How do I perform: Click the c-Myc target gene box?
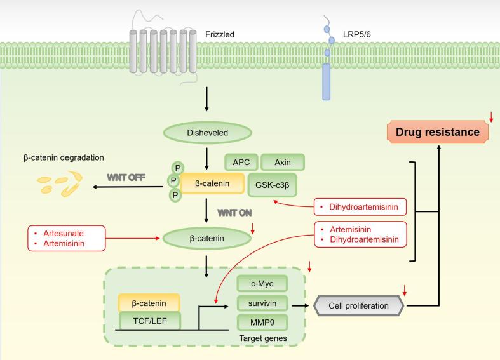click(262, 283)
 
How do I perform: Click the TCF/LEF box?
click(149, 321)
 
